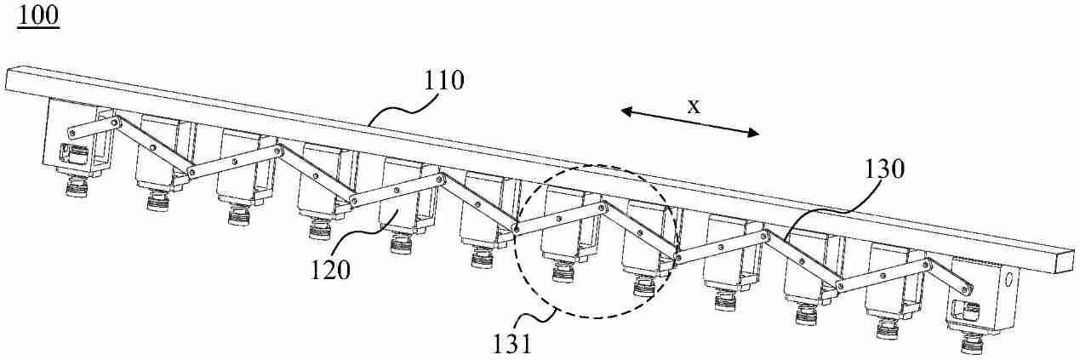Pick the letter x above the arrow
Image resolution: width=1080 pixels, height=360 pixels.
[693, 106]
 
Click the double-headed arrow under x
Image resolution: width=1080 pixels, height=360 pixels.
[689, 122]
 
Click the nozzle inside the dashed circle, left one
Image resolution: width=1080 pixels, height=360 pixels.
[563, 271]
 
